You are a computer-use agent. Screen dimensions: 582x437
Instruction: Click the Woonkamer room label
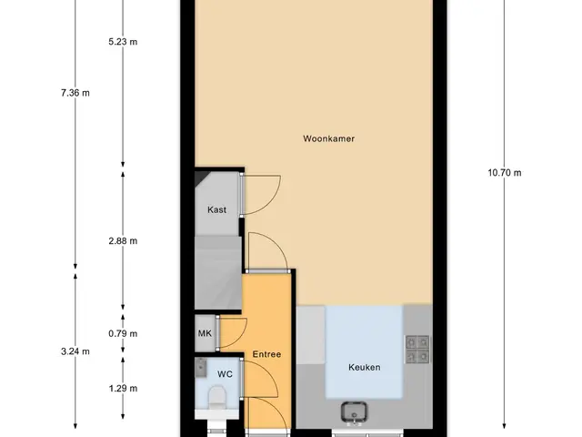(x=328, y=138)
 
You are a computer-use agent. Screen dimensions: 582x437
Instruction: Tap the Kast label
(x=216, y=210)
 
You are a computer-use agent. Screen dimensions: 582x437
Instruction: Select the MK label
(x=205, y=333)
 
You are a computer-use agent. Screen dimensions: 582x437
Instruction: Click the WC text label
(x=225, y=374)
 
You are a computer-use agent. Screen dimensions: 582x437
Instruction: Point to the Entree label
(x=266, y=354)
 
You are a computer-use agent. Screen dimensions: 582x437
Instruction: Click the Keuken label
(x=364, y=367)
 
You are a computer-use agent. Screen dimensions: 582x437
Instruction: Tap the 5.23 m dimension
(x=123, y=42)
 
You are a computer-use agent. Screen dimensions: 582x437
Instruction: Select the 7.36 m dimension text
(x=75, y=93)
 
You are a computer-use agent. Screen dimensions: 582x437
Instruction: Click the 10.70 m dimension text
(x=505, y=173)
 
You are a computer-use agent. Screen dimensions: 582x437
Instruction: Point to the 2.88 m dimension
(x=123, y=241)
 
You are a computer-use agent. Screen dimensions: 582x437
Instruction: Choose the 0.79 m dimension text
(x=123, y=334)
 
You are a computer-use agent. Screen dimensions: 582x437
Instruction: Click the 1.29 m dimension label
(x=123, y=389)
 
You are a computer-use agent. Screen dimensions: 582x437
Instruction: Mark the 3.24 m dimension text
(x=75, y=351)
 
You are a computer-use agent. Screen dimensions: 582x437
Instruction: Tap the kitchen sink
(x=354, y=412)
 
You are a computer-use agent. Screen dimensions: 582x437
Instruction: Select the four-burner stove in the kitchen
(x=417, y=349)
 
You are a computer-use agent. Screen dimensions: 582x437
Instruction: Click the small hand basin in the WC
(x=201, y=367)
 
